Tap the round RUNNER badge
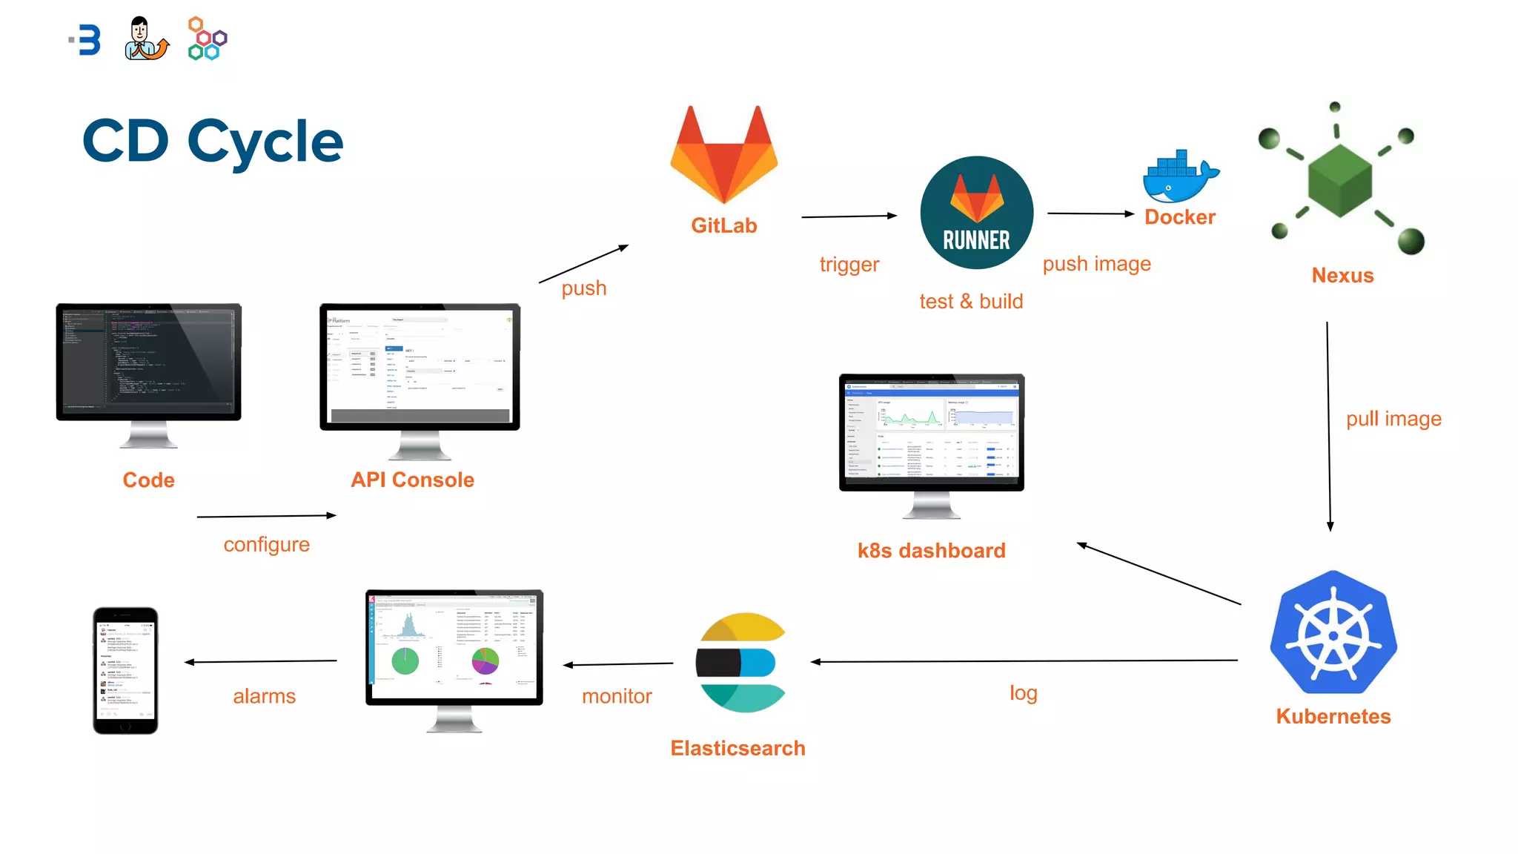coord(976,213)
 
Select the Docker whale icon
coord(1180,178)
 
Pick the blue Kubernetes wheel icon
coord(1333,634)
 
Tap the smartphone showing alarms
coord(125,670)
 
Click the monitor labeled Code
coord(149,362)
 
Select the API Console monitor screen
coord(420,366)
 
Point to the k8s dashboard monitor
coord(932,432)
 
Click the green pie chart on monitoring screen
coord(405,661)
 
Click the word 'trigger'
coord(849,265)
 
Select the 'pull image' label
coord(1393,419)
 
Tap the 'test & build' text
coord(971,302)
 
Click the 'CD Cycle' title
coord(213,142)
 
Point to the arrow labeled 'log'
coord(1023,661)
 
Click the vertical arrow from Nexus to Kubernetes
coord(1328,426)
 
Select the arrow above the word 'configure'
coord(266,516)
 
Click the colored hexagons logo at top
coord(207,39)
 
